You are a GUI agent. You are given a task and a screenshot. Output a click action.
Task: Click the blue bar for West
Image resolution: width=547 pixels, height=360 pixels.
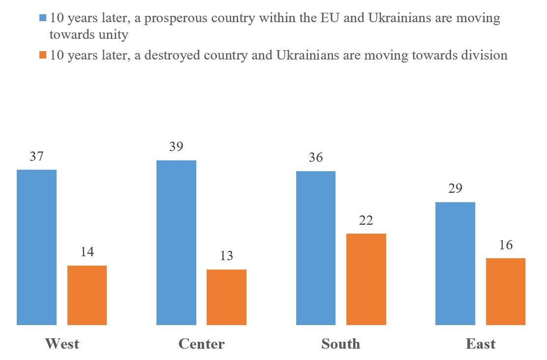click(37, 247)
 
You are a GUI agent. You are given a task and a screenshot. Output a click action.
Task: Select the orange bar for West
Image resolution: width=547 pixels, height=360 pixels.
click(87, 295)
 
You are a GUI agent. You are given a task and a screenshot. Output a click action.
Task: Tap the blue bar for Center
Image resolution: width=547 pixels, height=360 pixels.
click(176, 242)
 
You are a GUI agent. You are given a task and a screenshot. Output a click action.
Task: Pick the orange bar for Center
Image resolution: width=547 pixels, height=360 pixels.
click(226, 297)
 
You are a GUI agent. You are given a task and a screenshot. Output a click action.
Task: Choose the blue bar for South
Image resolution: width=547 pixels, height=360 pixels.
click(316, 248)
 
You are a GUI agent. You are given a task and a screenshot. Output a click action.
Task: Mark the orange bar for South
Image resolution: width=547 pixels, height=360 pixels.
click(366, 279)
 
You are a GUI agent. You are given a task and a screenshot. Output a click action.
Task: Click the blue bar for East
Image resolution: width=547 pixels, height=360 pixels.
click(456, 263)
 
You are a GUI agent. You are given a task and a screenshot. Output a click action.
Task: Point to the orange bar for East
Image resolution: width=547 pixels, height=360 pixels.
click(506, 291)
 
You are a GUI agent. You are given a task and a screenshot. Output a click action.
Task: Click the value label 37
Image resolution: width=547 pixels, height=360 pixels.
click(37, 157)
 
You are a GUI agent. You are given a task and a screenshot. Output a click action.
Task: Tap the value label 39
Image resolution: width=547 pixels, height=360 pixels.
click(176, 148)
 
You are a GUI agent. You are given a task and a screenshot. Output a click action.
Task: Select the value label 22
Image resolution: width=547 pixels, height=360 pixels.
click(366, 221)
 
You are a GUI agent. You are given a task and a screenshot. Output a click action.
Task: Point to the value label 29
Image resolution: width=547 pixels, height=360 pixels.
click(456, 189)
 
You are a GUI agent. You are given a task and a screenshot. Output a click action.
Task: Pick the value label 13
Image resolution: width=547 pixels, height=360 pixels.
click(226, 256)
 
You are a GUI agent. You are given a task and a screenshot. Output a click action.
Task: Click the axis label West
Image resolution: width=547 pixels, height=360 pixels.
click(62, 343)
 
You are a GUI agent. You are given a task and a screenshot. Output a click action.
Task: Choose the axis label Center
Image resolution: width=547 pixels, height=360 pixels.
click(201, 343)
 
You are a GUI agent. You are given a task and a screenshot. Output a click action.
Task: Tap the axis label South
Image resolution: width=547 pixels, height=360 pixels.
click(341, 343)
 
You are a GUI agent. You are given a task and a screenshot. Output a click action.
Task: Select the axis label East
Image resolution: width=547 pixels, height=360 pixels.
click(481, 343)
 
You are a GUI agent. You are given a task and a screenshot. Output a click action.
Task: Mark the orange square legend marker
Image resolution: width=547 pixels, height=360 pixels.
click(43, 55)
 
